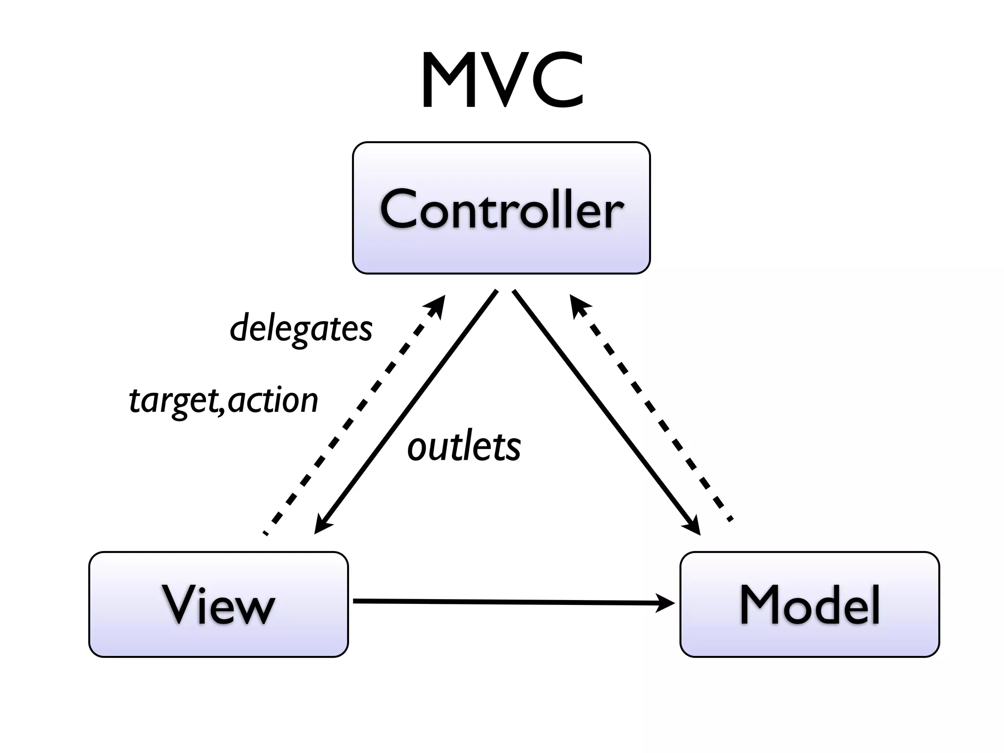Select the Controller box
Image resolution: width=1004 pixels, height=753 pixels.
[x=501, y=208]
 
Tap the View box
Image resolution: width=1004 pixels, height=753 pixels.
[x=218, y=604]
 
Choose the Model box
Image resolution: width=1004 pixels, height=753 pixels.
[x=809, y=604]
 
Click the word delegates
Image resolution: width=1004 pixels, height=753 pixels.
[x=301, y=328]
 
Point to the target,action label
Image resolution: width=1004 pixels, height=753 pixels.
[x=224, y=401]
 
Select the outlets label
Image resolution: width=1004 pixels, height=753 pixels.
[x=464, y=447]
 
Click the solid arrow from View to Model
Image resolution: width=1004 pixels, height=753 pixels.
[x=505, y=602]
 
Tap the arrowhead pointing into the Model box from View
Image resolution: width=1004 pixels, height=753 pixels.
[x=667, y=603]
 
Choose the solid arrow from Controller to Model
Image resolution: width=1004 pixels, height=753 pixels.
[x=605, y=412]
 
